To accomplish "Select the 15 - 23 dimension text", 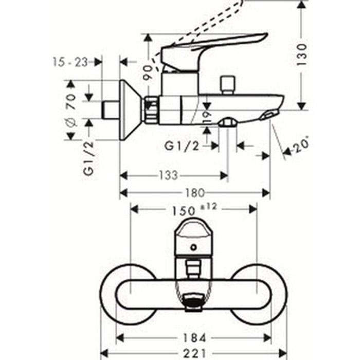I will pyautogui.click(x=71, y=62).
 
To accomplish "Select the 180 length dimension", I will pyautogui.click(x=194, y=193).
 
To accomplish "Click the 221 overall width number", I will pyautogui.click(x=195, y=354).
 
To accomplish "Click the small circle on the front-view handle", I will pyautogui.click(x=193, y=247).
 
